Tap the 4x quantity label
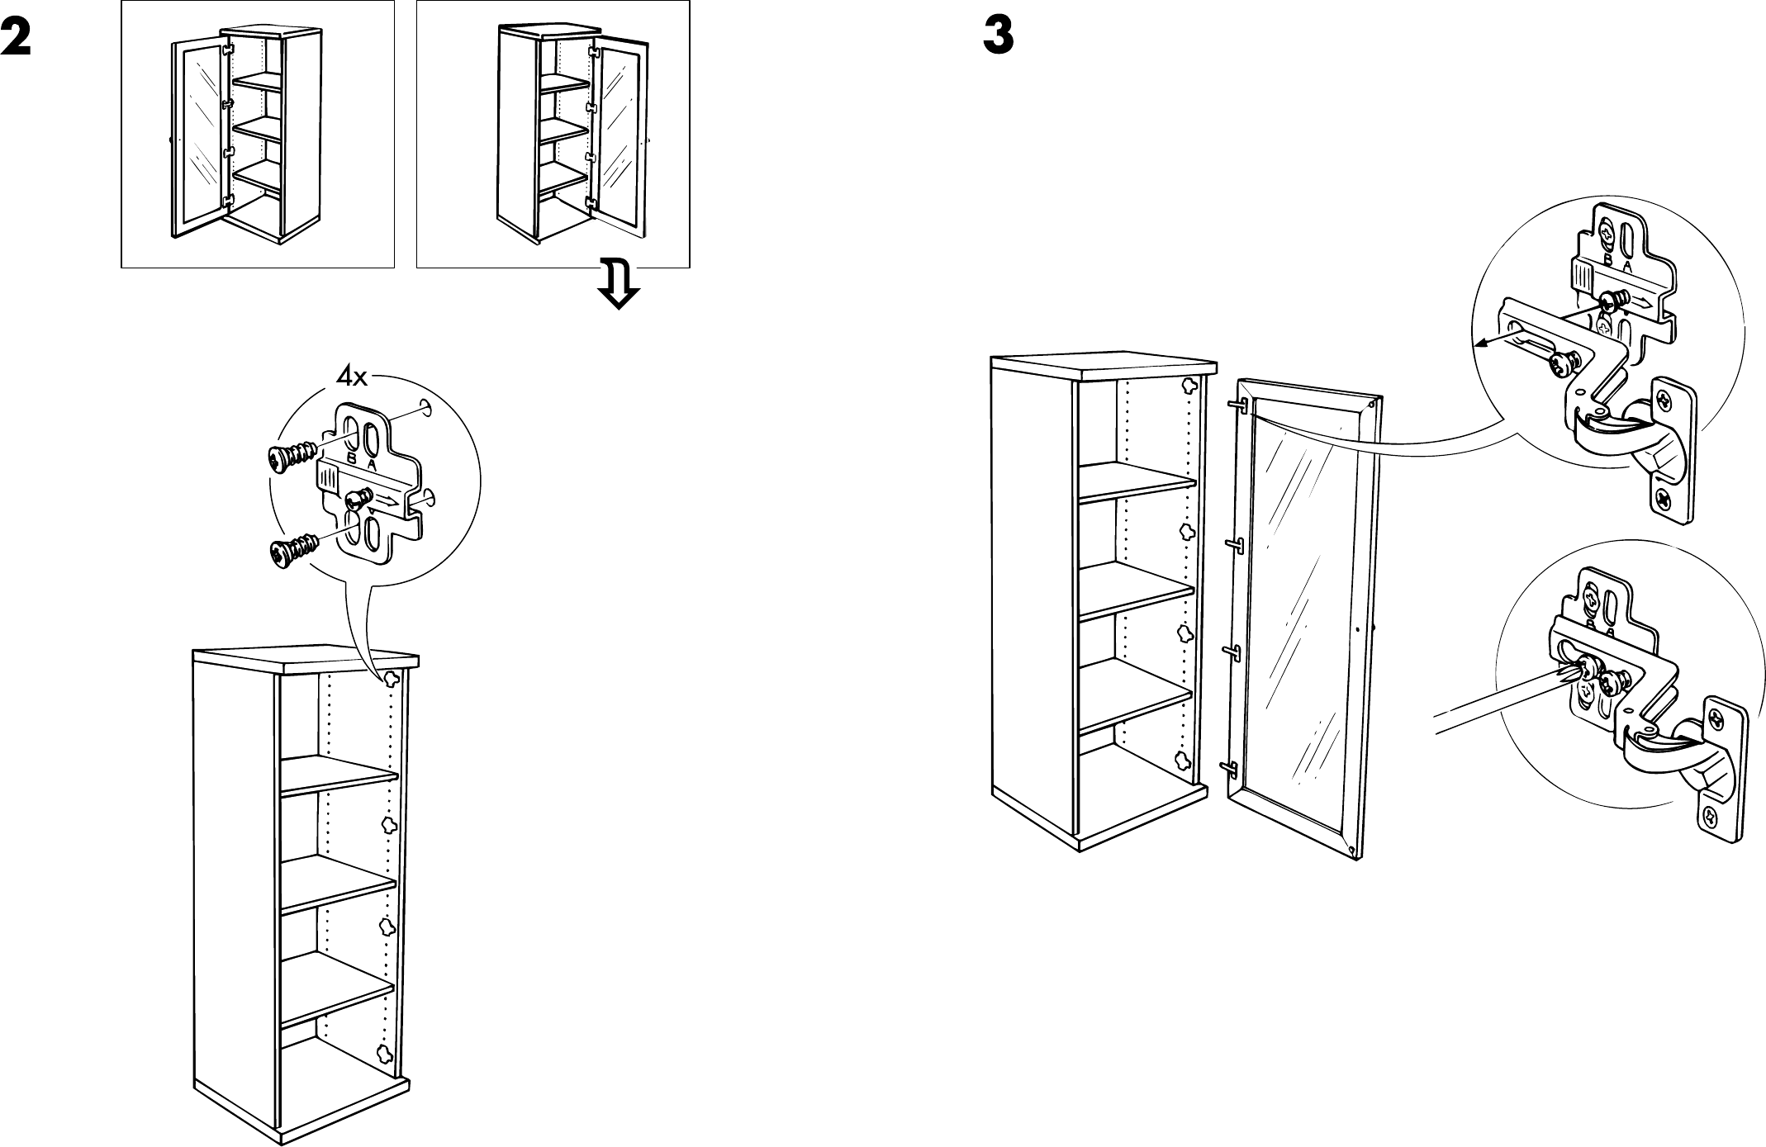coord(352,377)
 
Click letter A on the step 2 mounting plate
coord(372,464)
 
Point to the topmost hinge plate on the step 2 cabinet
coord(390,679)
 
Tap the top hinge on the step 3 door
coord(1237,405)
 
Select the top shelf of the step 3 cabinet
coord(1136,483)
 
